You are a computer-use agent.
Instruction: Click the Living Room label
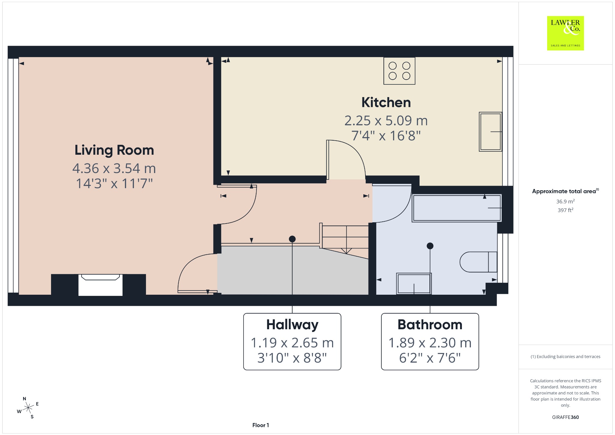[114, 150]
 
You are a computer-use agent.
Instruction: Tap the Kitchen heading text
[386, 102]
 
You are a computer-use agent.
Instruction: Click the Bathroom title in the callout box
[430, 325]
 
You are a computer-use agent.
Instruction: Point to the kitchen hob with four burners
[399, 71]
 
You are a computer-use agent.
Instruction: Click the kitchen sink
[490, 132]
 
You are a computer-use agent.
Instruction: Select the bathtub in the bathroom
[457, 208]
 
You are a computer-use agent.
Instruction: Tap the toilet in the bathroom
[478, 262]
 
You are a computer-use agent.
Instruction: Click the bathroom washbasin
[414, 284]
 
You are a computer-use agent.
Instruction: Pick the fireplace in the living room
[100, 284]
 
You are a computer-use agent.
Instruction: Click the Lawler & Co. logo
[565, 33]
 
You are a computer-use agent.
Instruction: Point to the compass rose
[28, 408]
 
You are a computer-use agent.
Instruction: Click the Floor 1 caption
[261, 425]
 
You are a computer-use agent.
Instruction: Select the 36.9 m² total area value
[565, 201]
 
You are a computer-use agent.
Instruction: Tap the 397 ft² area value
[565, 210]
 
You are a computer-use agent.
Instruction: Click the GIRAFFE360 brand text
[565, 417]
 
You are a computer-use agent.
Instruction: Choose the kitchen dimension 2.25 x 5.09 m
[386, 121]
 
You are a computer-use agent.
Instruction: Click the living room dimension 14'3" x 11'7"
[114, 184]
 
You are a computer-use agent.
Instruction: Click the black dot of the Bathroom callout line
[430, 246]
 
